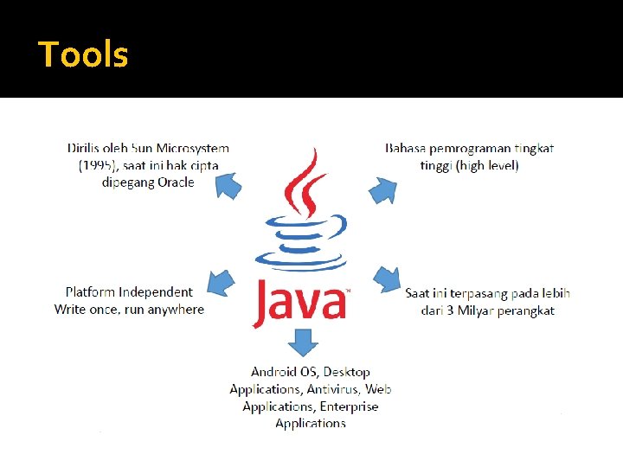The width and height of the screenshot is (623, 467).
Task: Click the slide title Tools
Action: pyautogui.click(x=83, y=54)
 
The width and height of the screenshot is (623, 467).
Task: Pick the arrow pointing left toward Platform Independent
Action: pyautogui.click(x=222, y=282)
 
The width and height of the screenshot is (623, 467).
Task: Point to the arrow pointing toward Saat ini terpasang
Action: pyautogui.click(x=386, y=280)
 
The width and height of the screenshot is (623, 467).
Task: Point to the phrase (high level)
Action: pyautogui.click(x=487, y=165)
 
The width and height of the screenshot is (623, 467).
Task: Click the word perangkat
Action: pyautogui.click(x=526, y=310)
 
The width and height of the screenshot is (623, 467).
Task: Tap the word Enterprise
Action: pyautogui.click(x=349, y=406)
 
